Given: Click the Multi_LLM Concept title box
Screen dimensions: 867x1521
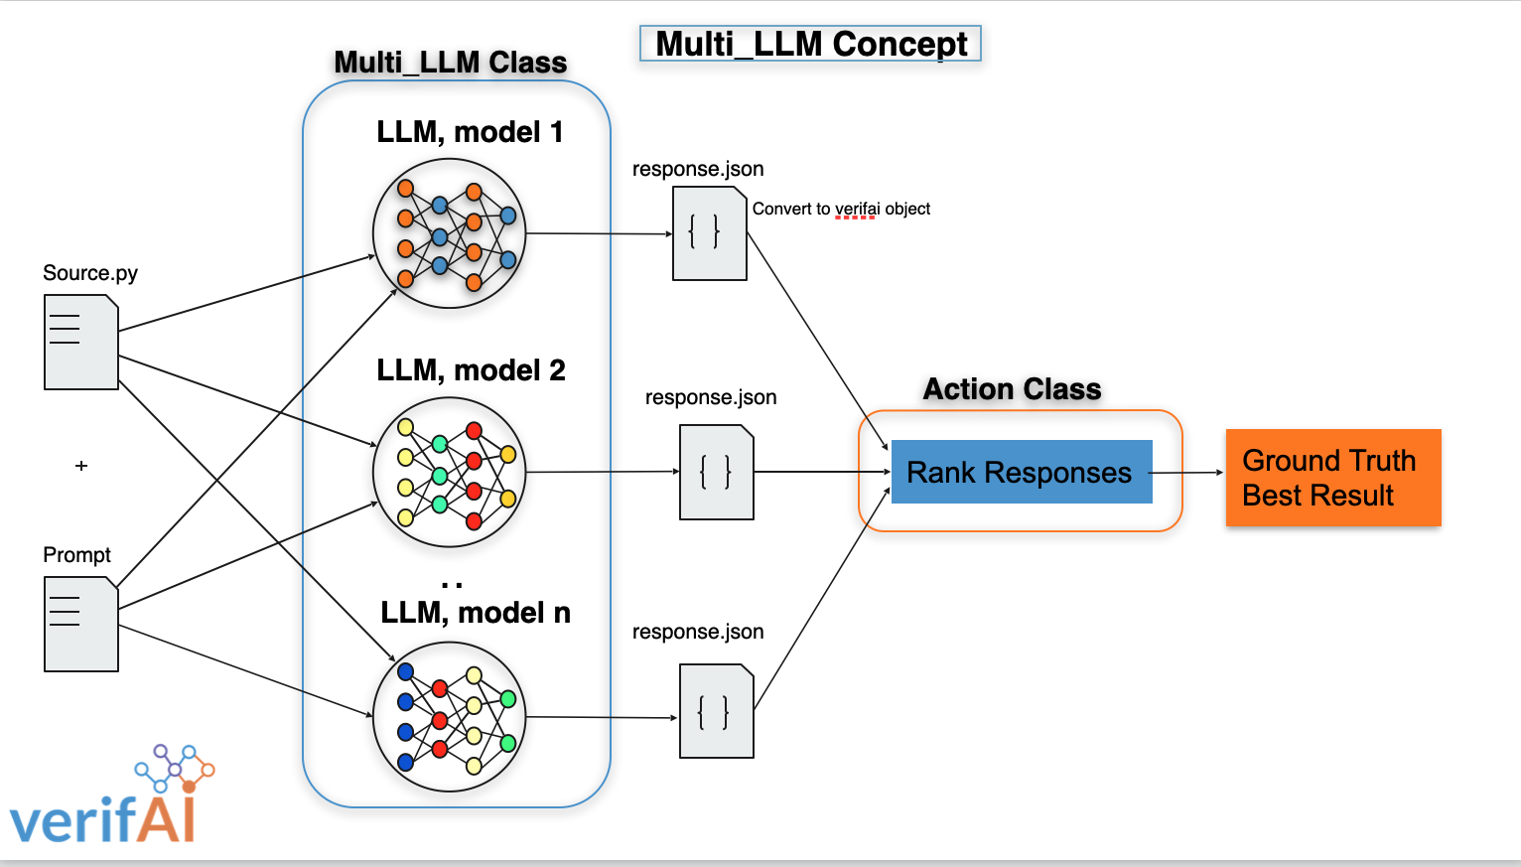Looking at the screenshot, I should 810,44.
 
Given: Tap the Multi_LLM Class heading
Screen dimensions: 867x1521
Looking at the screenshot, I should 450,63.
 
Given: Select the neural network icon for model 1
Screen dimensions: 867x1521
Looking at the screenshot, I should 449,233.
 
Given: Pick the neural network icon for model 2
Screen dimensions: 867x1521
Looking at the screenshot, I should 449,472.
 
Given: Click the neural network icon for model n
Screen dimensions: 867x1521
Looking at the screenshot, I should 449,716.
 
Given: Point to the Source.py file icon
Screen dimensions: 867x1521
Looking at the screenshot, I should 81,343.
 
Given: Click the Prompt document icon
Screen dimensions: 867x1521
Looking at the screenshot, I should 81,625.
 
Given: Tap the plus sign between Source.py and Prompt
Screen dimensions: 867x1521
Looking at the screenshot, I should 81,465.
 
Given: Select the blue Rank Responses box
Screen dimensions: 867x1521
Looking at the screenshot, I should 1021,472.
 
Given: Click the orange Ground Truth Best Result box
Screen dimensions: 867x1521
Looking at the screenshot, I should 1332,478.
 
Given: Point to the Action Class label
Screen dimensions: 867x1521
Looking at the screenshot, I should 1012,389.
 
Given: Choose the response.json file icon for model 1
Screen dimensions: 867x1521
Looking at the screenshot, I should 709,234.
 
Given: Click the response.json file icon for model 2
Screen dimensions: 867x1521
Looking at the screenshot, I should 716,472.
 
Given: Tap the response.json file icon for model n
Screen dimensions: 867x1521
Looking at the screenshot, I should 716,711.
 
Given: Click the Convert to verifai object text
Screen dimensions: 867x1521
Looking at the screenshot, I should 841,209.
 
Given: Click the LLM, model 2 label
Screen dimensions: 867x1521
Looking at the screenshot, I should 471,370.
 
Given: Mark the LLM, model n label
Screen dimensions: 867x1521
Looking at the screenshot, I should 476,613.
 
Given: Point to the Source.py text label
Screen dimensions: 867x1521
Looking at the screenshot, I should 90,273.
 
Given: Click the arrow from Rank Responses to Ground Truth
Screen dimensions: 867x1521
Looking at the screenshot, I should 1188,473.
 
